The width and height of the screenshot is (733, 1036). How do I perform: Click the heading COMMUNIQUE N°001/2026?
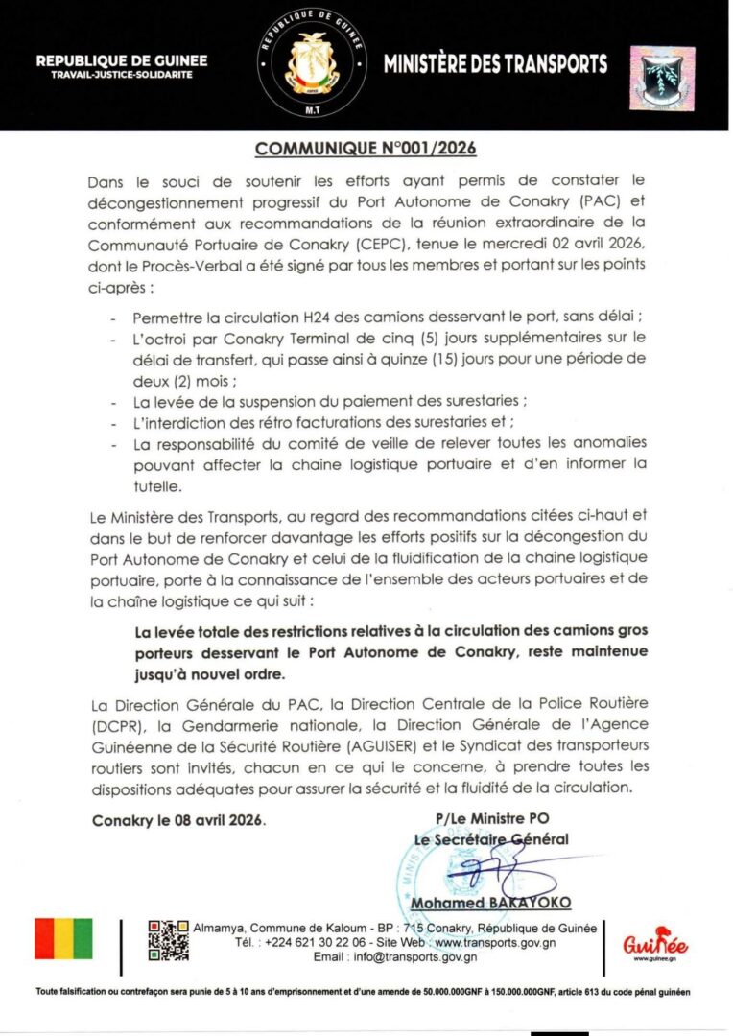(x=366, y=149)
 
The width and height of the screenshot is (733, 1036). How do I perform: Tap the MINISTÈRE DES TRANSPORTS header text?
(x=495, y=65)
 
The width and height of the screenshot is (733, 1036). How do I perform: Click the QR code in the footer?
(x=168, y=940)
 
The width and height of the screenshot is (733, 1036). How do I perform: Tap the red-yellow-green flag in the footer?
(x=63, y=939)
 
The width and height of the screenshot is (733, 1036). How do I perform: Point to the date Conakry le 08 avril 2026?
(x=178, y=821)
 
